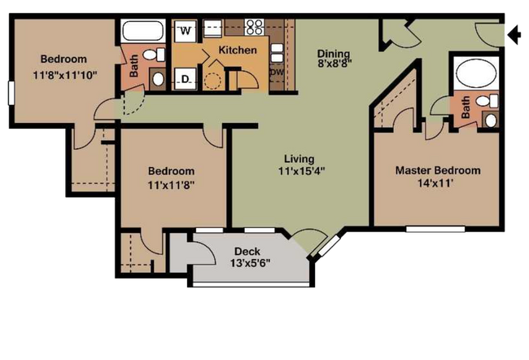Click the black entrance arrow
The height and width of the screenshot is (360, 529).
(x=514, y=34)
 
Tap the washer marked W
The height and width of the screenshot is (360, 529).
(x=186, y=31)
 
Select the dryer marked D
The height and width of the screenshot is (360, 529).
(x=186, y=79)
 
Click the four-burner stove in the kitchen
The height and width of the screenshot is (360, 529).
(x=255, y=27)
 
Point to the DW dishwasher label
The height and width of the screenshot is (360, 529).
(x=277, y=72)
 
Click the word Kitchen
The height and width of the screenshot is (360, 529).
(x=238, y=50)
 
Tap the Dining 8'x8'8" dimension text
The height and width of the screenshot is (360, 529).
(x=334, y=58)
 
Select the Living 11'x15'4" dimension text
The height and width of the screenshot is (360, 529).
(x=301, y=165)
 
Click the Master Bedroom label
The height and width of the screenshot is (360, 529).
(x=438, y=170)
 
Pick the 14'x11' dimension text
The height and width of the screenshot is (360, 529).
(x=435, y=183)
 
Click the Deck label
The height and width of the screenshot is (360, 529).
(x=247, y=251)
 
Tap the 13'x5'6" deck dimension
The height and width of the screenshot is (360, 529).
(x=251, y=263)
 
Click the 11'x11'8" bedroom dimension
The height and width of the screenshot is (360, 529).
(x=172, y=185)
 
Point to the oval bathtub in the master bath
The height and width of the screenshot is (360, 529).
(x=476, y=73)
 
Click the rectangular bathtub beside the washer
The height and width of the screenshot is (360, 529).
(x=143, y=31)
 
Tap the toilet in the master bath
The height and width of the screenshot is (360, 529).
(x=487, y=101)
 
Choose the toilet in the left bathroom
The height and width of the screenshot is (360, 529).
(x=154, y=55)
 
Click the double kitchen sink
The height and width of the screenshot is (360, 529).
(x=277, y=53)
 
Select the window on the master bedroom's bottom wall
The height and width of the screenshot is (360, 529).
(x=435, y=229)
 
